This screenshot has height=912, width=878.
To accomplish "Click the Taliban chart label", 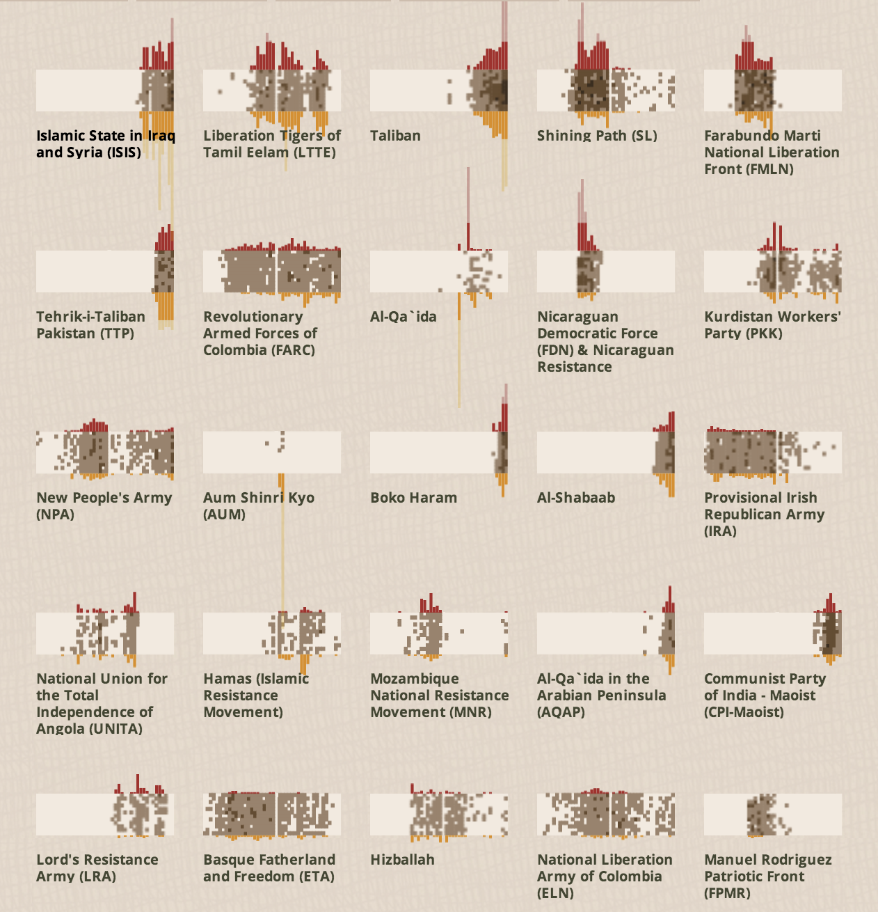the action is click(395, 136).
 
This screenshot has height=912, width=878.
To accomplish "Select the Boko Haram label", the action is click(413, 498).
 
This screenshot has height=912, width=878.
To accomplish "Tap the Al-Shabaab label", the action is click(576, 498).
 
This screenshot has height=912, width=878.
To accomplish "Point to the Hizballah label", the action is click(402, 860).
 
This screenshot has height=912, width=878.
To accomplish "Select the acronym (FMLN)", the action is click(771, 170).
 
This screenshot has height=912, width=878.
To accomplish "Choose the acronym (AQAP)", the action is click(561, 712).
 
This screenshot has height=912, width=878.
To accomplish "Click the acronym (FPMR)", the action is click(727, 893).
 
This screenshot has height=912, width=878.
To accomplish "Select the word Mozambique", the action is click(415, 679).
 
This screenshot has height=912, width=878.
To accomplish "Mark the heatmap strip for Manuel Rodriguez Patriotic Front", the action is click(773, 815).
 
